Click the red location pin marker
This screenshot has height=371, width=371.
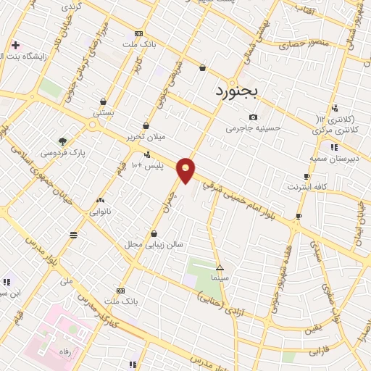coord(186,170)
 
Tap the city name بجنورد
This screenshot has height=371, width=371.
coord(240,92)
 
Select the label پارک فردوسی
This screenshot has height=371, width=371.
coord(62,153)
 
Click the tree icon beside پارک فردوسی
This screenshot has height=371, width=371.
coord(62,141)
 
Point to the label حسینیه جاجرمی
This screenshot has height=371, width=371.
coord(253,128)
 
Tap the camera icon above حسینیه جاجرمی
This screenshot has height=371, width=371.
coord(253,117)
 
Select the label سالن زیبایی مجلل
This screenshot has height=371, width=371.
coord(154,244)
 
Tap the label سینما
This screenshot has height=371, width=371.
coord(220,278)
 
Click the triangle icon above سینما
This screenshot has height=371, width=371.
coord(220,267)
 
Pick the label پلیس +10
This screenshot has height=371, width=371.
coord(147,166)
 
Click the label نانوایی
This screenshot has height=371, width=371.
coord(100,212)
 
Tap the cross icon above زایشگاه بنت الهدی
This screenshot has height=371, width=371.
coord(15,45)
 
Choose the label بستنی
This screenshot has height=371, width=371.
coord(103,113)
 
